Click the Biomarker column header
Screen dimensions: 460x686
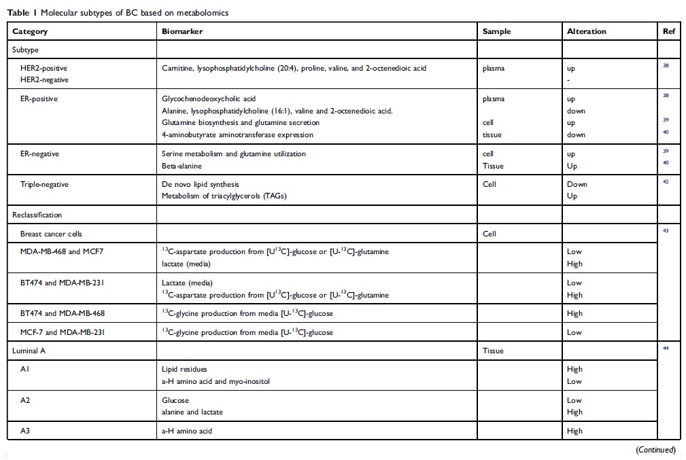click(x=182, y=31)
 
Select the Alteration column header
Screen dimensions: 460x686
click(x=586, y=31)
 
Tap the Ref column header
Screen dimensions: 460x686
click(x=669, y=31)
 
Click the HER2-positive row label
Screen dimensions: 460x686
click(x=44, y=68)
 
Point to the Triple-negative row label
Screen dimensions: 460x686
click(x=44, y=184)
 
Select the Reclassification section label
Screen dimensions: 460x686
click(x=37, y=215)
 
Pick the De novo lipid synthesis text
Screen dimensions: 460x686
click(x=201, y=184)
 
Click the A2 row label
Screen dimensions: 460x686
click(x=26, y=400)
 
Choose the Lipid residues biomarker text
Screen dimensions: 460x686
click(x=184, y=369)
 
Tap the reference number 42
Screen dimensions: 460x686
click(x=665, y=182)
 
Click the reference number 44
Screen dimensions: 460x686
click(x=665, y=349)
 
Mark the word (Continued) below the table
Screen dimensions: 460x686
click(x=655, y=450)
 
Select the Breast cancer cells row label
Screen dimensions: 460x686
click(x=51, y=234)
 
